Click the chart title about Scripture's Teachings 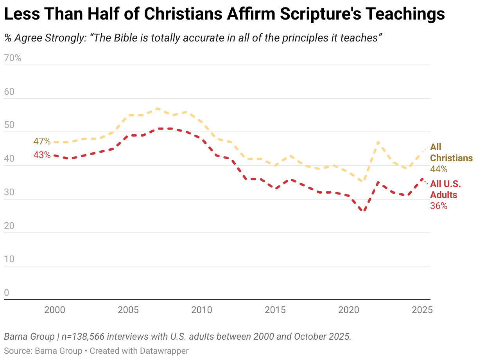pos(224,14)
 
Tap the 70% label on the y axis pos(13,58)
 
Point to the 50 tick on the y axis pos(9,126)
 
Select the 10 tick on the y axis pos(9,259)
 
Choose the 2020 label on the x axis pos(348,310)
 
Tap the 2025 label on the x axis pos(422,310)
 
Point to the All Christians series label pos(451,153)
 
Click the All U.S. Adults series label pos(446,189)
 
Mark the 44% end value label pos(439,169)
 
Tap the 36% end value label pos(439,206)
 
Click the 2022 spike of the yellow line pos(378,142)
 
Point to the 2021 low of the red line pos(364,211)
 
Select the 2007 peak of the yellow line pos(157,108)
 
